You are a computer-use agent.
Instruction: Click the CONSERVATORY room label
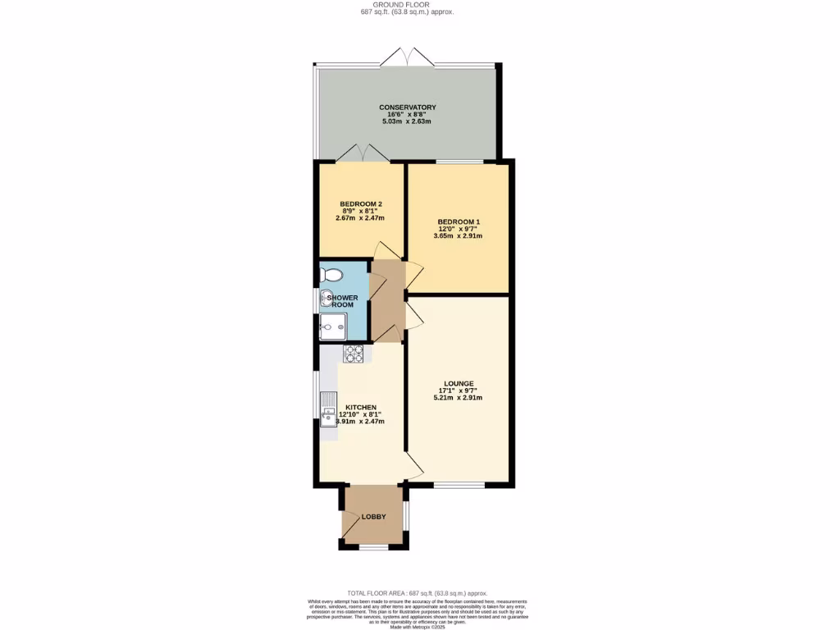tap(407, 107)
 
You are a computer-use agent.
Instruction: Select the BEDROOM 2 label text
tap(361, 203)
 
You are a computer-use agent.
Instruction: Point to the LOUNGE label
tap(458, 383)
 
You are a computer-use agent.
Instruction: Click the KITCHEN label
tap(361, 407)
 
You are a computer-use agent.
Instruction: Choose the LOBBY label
tap(373, 517)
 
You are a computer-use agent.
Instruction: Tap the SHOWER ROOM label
tap(341, 300)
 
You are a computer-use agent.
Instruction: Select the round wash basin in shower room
tap(326, 298)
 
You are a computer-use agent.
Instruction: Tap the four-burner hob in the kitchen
tap(353, 354)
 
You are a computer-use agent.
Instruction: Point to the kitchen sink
tap(328, 414)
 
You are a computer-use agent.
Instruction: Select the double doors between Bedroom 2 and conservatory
tap(363, 153)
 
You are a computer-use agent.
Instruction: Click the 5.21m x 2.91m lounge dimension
tap(458, 398)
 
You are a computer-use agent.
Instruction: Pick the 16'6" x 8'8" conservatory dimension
tap(407, 115)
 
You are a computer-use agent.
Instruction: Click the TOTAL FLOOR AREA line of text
tap(418, 592)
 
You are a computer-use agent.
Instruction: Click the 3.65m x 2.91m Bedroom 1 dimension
tap(458, 236)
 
